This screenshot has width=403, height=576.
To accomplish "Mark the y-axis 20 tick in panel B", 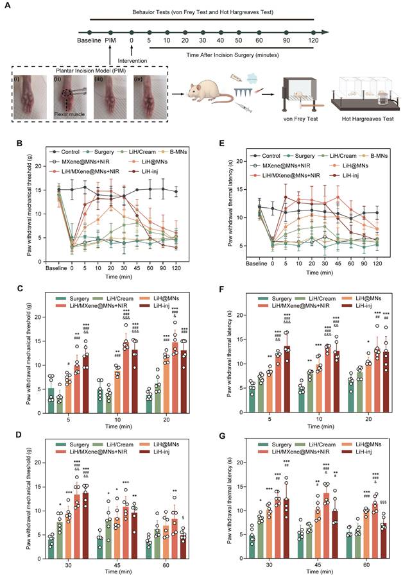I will coord(46,165).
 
